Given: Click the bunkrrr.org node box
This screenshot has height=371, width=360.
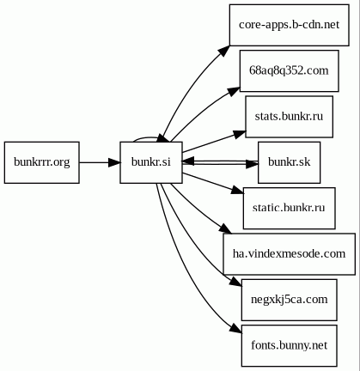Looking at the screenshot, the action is click(42, 162).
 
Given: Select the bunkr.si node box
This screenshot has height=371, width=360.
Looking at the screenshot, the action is click(151, 162).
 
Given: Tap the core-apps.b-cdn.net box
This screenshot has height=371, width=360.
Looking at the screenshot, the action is click(290, 25).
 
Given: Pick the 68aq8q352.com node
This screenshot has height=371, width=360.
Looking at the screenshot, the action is click(290, 70).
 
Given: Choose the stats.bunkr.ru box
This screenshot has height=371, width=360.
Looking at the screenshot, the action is click(290, 117).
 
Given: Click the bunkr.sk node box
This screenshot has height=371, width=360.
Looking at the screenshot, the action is click(290, 162).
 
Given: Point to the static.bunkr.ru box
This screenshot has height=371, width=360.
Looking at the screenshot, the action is click(290, 208).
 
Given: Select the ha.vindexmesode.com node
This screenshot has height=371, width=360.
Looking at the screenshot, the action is click(290, 254).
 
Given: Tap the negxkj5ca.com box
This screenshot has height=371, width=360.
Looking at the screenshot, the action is click(290, 300).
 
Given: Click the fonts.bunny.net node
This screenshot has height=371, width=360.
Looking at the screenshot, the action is click(290, 345).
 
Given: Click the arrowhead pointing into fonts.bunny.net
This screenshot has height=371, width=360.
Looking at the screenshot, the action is click(236, 328).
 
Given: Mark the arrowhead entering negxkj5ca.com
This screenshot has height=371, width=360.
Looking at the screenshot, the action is click(236, 282).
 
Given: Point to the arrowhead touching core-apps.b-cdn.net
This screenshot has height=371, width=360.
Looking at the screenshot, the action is click(224, 51).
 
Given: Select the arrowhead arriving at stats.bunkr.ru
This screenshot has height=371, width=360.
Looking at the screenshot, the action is click(240, 134).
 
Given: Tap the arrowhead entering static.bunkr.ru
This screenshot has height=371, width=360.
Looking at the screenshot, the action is click(238, 191).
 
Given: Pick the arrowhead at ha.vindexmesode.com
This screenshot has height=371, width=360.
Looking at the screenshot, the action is click(226, 229).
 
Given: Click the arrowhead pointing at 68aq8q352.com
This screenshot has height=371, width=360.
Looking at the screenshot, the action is click(234, 92).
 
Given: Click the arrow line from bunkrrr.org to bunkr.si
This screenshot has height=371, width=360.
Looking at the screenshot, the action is click(100, 162).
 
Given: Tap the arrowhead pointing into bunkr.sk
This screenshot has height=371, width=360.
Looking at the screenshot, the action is click(252, 164).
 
